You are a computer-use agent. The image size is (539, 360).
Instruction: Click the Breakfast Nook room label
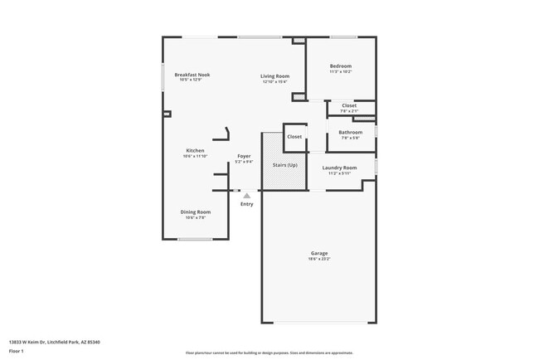(192, 75)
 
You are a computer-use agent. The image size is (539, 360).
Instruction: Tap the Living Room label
(274, 75)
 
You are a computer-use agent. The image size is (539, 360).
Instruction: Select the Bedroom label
(341, 66)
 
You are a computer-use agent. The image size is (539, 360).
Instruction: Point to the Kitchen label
(195, 150)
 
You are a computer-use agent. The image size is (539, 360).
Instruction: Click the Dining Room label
(196, 212)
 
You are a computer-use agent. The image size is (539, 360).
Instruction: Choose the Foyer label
(244, 156)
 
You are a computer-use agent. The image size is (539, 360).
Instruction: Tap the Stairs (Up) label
(285, 165)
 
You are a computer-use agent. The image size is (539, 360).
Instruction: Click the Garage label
(319, 253)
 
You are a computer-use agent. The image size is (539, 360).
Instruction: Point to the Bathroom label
(350, 132)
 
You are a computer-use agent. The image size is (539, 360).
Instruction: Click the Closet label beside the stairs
(294, 136)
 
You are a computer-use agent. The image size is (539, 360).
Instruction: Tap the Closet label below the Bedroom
(349, 105)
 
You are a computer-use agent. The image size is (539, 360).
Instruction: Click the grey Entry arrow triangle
(246, 196)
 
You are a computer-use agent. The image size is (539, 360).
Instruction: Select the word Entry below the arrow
(247, 204)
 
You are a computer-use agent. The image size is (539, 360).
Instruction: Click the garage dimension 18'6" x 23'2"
(319, 259)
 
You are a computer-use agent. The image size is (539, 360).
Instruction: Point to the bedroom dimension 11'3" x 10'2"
(341, 72)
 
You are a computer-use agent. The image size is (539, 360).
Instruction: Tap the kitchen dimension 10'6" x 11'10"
(195, 156)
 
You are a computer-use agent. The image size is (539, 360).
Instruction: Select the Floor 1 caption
(17, 351)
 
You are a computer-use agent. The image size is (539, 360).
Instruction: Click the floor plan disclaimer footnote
(269, 353)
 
